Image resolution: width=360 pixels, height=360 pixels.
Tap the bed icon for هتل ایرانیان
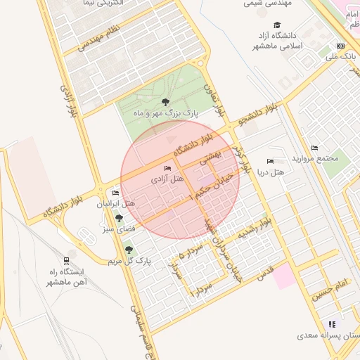[115, 193]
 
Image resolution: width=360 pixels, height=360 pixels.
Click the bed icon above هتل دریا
[271, 162]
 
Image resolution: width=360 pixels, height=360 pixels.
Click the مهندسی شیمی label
[263, 4]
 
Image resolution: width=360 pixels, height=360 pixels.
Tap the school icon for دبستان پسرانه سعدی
[331, 324]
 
